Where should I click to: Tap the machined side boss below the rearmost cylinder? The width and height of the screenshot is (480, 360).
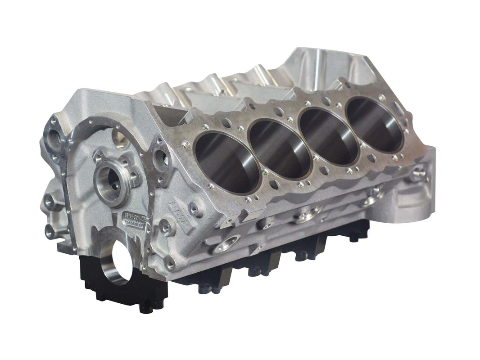pos(374,194)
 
